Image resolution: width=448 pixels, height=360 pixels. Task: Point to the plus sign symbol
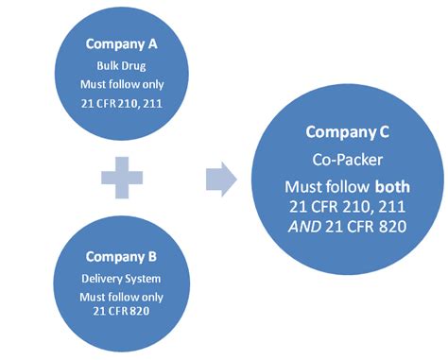[x=122, y=178]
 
